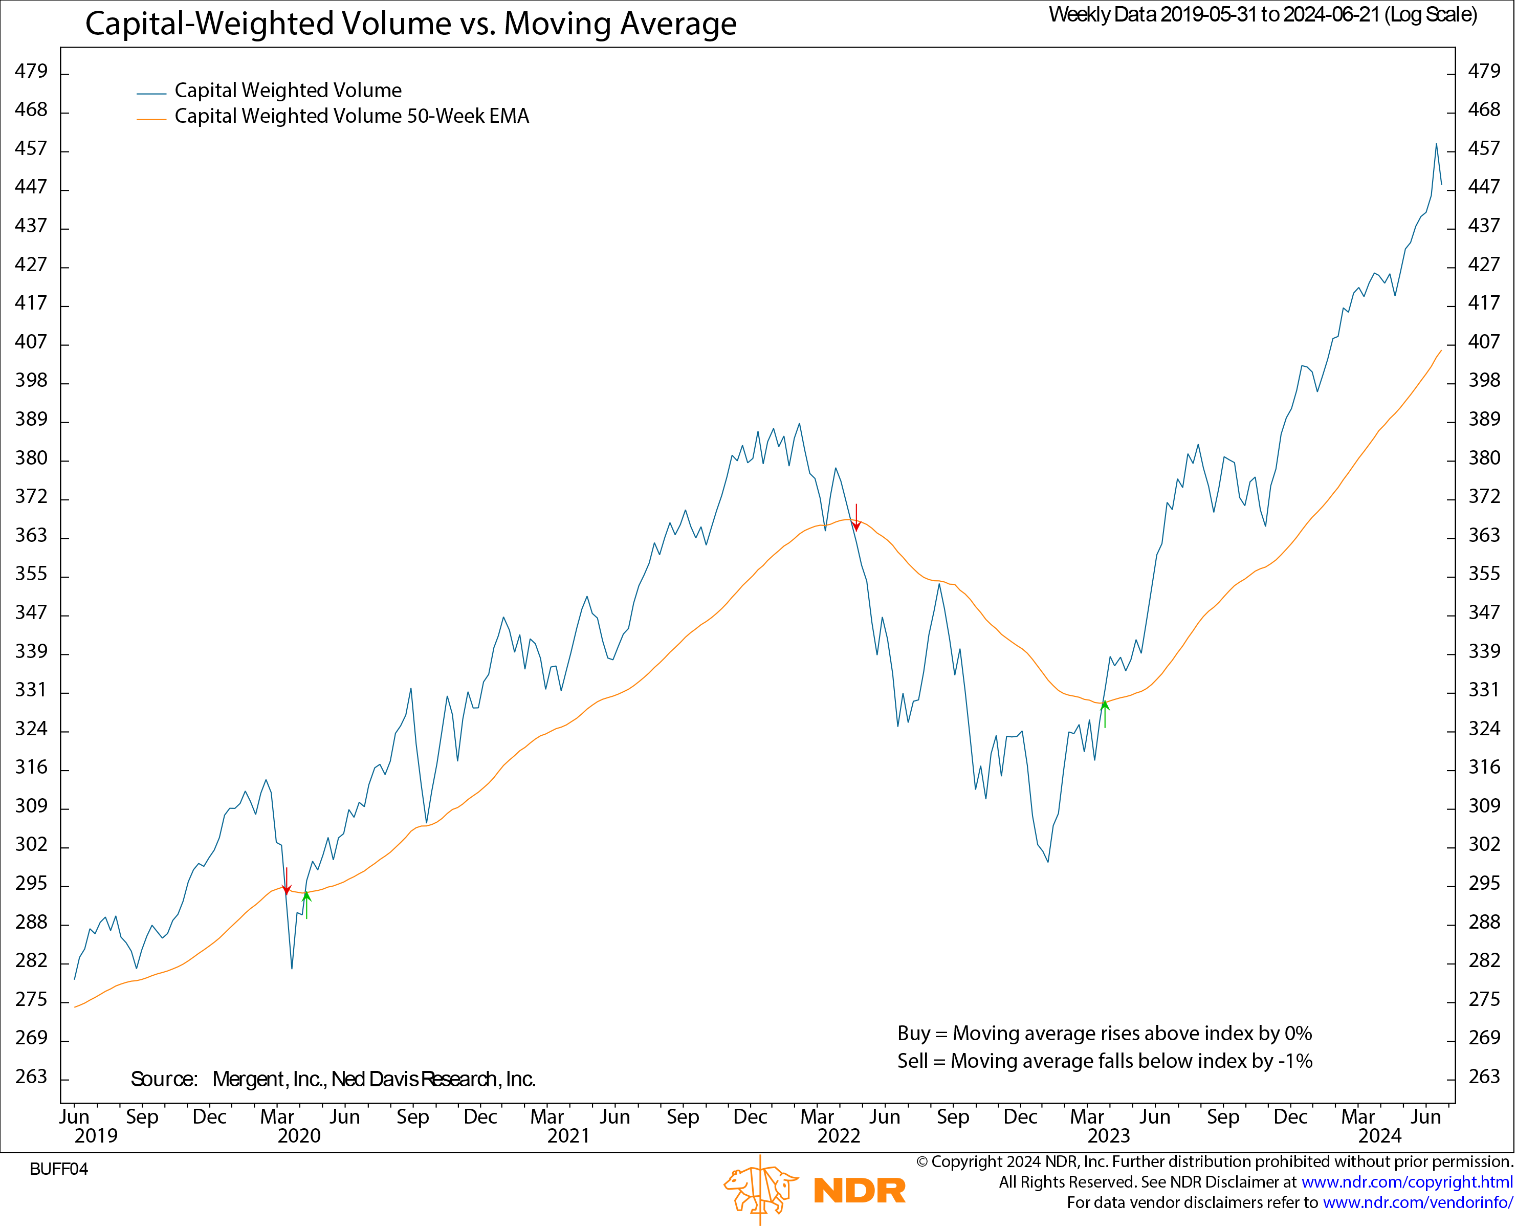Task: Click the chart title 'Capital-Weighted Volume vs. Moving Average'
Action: click(410, 24)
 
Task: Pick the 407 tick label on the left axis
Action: click(31, 342)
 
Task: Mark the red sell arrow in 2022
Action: click(856, 518)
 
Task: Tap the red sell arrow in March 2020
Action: click(287, 882)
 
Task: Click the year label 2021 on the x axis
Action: click(568, 1135)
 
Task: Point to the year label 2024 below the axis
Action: click(1379, 1135)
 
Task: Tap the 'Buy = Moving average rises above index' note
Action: click(1104, 1034)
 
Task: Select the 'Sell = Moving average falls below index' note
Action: click(1104, 1061)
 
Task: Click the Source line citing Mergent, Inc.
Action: click(333, 1079)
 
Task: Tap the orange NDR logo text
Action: click(860, 1191)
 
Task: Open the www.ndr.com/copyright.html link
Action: click(1407, 1182)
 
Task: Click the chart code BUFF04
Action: click(59, 1169)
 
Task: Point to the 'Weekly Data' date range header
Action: click(1263, 15)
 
